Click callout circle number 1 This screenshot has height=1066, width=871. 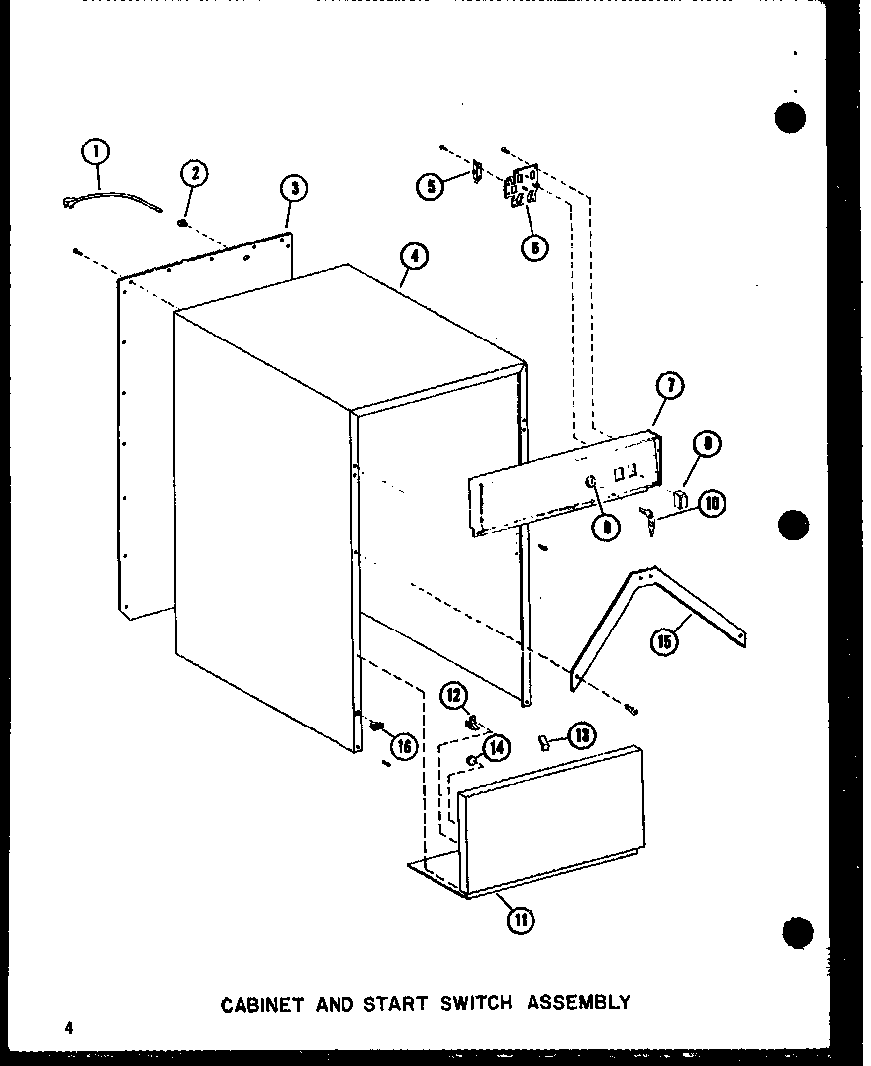click(x=96, y=152)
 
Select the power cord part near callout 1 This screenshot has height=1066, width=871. click(x=109, y=197)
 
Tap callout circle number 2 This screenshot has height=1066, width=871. click(x=194, y=174)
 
